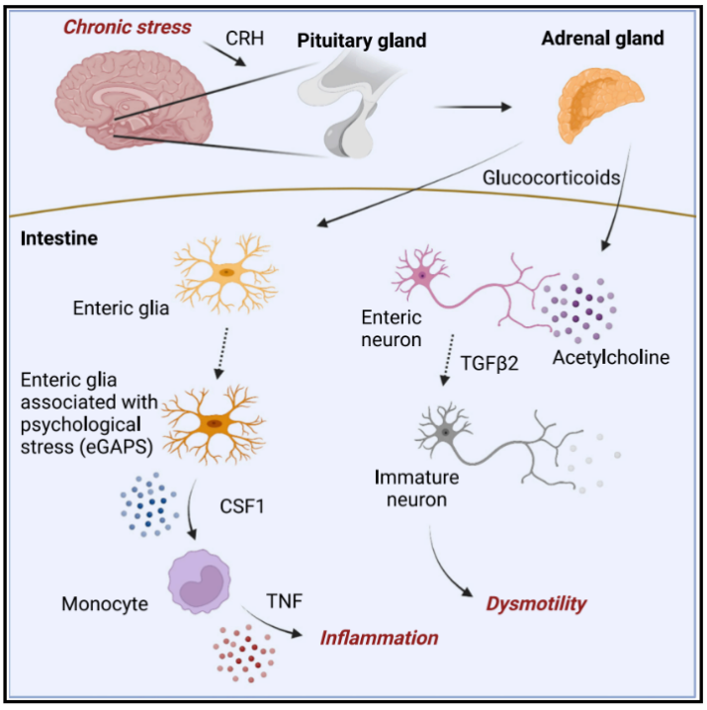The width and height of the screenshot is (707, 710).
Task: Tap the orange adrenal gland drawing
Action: (600, 105)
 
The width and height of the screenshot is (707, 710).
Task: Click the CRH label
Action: (244, 38)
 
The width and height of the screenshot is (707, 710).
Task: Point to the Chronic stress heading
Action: (128, 27)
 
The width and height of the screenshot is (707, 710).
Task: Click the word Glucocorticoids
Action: (551, 178)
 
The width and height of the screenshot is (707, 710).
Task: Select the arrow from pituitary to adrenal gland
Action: (473, 108)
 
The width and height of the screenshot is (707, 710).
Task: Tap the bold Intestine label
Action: (59, 238)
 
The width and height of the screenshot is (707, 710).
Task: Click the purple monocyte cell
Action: (200, 581)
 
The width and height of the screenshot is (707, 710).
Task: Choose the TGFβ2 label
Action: (489, 363)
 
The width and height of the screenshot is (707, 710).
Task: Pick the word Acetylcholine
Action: (611, 358)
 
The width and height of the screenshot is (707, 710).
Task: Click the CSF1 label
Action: (242, 506)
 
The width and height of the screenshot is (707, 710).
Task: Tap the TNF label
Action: (285, 601)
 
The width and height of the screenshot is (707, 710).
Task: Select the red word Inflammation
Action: (379, 638)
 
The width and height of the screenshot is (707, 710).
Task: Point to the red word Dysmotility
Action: (536, 603)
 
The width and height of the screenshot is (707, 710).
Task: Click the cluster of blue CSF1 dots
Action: (149, 505)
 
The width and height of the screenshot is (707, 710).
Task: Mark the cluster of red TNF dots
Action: (244, 653)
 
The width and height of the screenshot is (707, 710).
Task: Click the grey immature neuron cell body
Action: (445, 432)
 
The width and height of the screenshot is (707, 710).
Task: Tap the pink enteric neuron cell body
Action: (422, 275)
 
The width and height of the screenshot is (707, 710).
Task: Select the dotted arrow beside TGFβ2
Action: (448, 360)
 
